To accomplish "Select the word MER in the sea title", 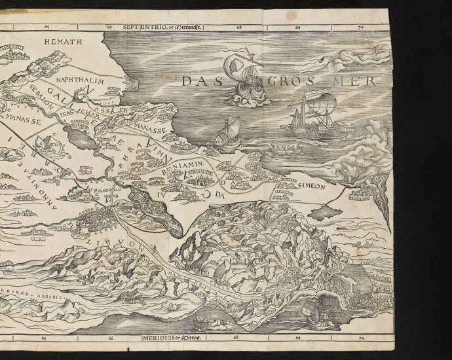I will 354,82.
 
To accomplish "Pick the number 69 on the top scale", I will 297,27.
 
